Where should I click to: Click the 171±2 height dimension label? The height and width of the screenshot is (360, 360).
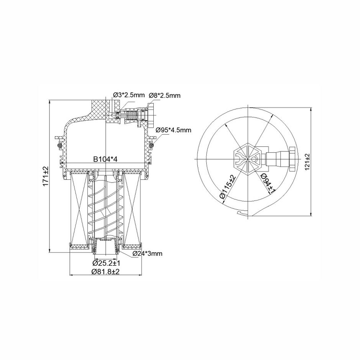pyautogui.click(x=46, y=176)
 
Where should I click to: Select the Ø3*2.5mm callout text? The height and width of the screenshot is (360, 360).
pyautogui.click(x=129, y=95)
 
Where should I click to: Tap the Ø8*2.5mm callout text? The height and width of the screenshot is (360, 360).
pyautogui.click(x=164, y=95)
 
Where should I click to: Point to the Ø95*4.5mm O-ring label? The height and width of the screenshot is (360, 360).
pyautogui.click(x=173, y=130)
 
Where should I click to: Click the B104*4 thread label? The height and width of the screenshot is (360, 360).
pyautogui.click(x=105, y=159)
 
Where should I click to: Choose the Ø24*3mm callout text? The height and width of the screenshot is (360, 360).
pyautogui.click(x=148, y=253)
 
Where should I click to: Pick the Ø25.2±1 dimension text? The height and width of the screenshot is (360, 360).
pyautogui.click(x=106, y=263)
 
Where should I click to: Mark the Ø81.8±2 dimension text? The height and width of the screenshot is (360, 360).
pyautogui.click(x=105, y=271)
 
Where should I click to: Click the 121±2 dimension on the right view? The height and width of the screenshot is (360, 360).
pyautogui.click(x=307, y=162)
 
